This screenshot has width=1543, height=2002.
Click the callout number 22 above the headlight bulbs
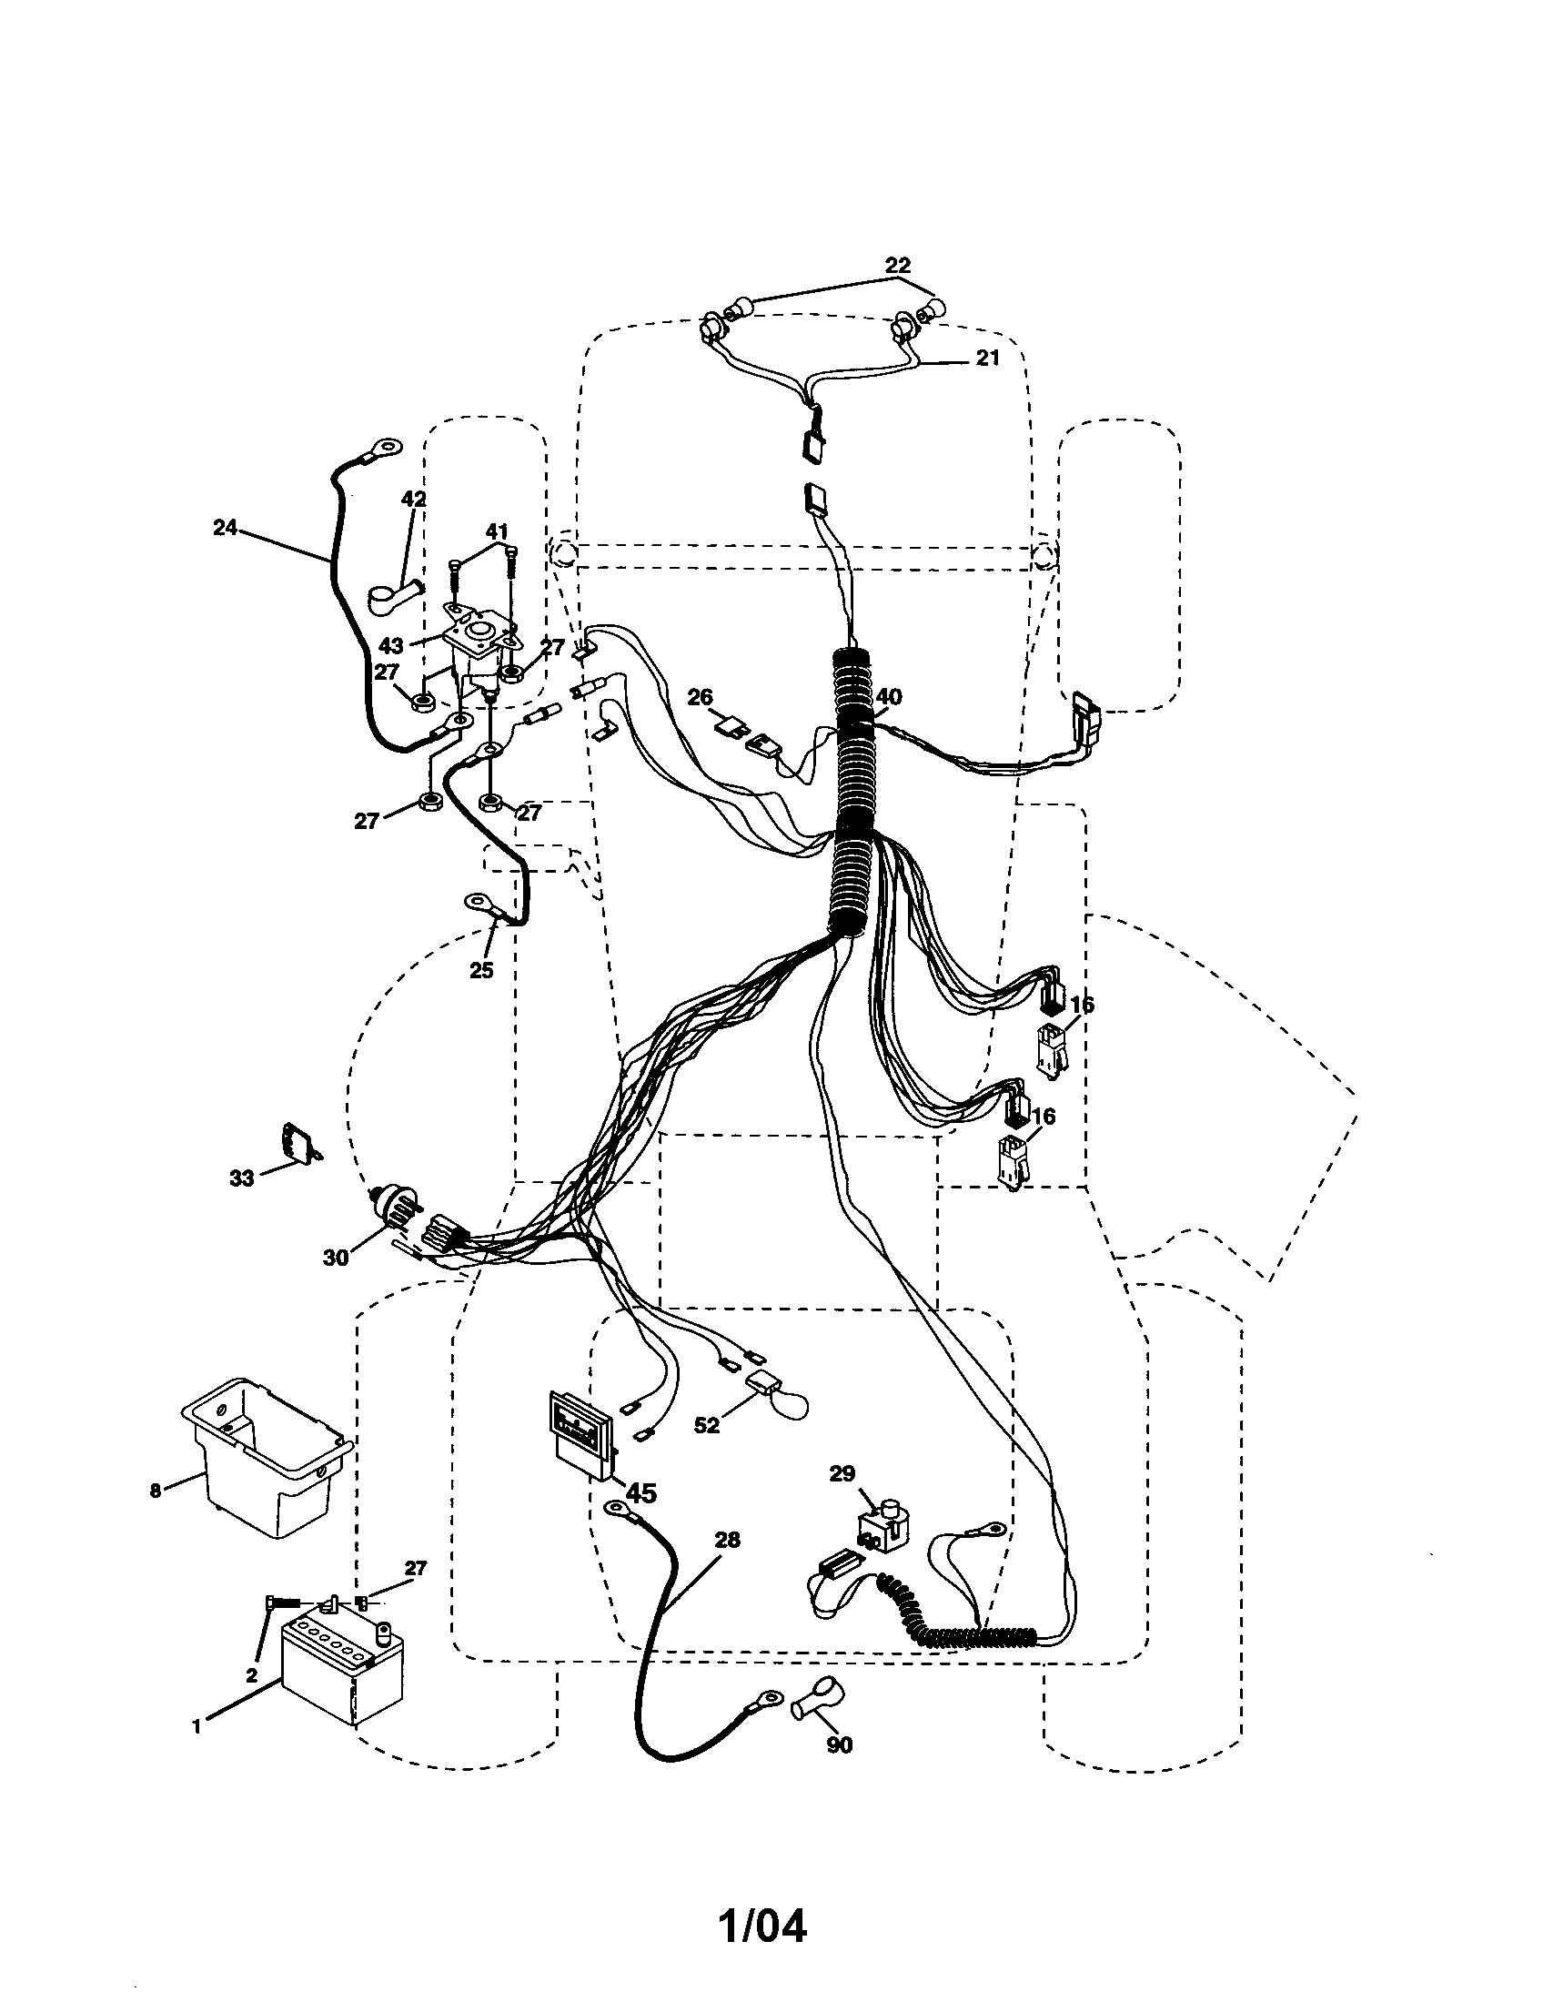point(898,266)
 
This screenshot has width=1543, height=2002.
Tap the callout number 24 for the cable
point(225,527)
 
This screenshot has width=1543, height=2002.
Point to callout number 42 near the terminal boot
point(414,500)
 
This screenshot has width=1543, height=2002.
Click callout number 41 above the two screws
point(496,531)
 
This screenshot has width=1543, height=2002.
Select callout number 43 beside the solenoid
point(391,644)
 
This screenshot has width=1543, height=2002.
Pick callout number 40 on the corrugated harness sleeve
point(888,698)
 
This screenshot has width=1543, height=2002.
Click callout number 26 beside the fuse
point(700,699)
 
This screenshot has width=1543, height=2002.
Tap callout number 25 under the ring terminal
point(481,971)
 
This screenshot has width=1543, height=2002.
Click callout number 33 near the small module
point(241,1178)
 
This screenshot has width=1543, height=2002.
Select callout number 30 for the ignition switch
point(336,1259)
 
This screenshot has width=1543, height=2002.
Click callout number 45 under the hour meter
point(640,1494)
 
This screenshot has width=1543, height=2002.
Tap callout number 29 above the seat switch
point(842,1473)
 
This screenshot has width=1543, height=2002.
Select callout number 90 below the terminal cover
point(839,1745)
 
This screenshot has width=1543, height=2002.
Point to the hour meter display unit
point(580,1434)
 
